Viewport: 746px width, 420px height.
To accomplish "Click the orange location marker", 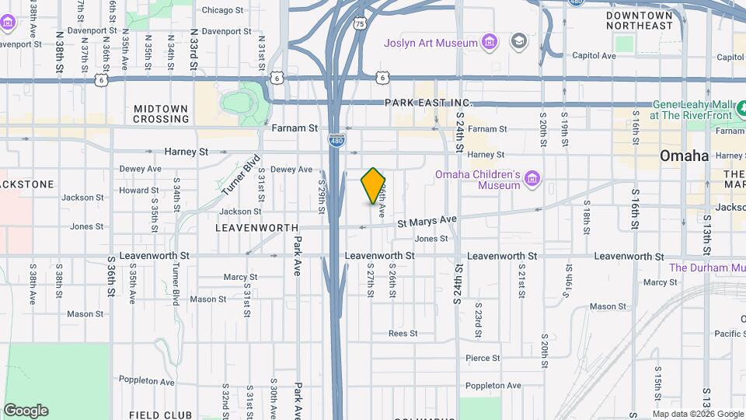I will [374, 185].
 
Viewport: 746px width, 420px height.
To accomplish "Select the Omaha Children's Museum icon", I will [532, 180].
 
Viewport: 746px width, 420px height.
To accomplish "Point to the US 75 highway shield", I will [359, 25].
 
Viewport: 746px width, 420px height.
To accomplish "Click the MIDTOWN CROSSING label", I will [161, 114].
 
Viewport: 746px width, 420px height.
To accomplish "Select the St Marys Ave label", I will [427, 221].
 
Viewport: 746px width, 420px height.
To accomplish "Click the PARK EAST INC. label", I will [428, 103].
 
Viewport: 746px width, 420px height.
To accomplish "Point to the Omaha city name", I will [684, 156].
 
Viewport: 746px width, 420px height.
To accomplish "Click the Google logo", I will [26, 411].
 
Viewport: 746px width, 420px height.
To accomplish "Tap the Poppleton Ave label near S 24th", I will [493, 386].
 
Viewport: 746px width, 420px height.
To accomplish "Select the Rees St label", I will [403, 333].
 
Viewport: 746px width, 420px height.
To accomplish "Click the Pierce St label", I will [483, 358].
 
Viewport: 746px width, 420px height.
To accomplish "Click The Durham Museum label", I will [707, 268].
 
